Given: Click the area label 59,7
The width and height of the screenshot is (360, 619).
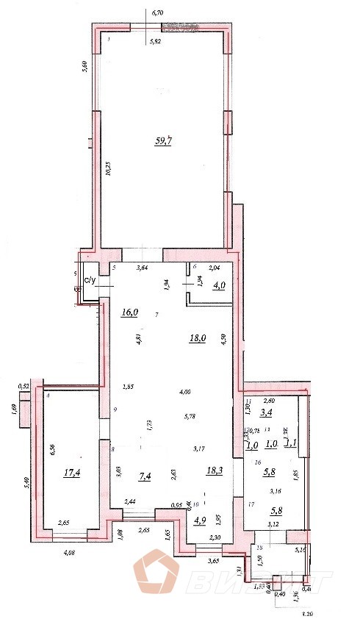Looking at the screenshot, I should click(162, 142).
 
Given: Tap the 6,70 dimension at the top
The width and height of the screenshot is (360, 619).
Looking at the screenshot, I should click(156, 13).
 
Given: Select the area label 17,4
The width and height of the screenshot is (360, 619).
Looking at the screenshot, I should click(71, 474).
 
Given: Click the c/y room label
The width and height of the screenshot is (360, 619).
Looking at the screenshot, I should click(91, 280).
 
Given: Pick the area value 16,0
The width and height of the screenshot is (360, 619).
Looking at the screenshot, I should click(130, 312).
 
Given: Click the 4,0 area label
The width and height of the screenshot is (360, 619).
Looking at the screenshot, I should click(219, 286).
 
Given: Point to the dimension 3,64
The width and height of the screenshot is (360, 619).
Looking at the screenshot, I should click(143, 268).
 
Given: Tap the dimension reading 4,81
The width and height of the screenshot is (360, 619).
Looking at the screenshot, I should click(137, 340).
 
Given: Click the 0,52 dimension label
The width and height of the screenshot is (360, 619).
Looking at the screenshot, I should click(23, 386).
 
